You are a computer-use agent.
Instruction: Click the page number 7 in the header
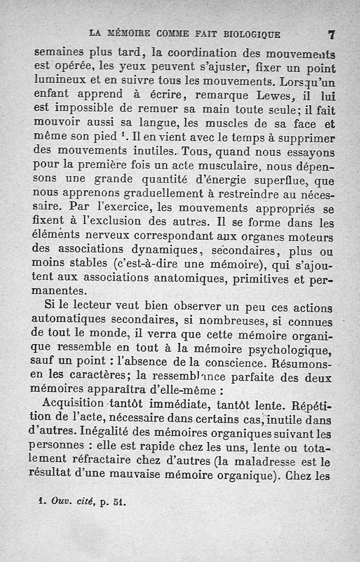332,34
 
